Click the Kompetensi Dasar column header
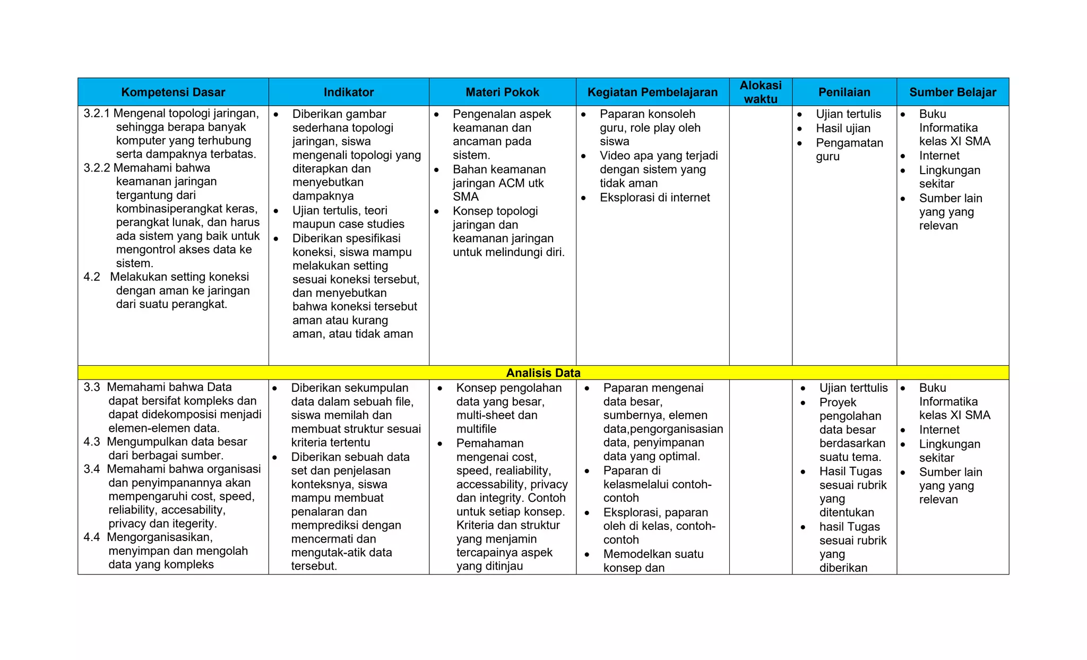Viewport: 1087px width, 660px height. coord(173,92)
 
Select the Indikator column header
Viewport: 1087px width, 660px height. coord(349,92)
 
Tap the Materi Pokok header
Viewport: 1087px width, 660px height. coord(502,92)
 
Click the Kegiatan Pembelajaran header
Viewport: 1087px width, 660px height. coord(652,92)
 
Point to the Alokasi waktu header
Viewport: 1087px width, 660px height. coord(761,92)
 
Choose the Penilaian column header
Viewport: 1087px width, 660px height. coord(844,92)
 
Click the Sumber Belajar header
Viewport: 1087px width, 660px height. coord(953,92)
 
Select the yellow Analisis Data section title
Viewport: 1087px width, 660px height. coord(543,373)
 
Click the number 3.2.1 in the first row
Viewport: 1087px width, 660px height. coord(97,114)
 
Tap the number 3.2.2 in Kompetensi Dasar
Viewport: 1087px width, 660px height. coord(97,168)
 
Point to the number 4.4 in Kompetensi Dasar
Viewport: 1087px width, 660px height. coord(91,537)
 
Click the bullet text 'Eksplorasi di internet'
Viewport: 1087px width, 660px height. coord(654,198)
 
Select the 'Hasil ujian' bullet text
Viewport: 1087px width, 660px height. coord(843,128)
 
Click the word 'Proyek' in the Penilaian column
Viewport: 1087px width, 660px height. coord(838,402)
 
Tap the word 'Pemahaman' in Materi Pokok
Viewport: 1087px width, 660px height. coord(489,443)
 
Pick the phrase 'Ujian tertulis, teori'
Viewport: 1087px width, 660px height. coord(340,211)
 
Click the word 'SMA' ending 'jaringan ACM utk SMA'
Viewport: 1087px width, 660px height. coord(465,197)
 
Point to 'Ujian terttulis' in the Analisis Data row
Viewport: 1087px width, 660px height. coord(853,388)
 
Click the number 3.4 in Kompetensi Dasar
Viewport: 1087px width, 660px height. coord(91,469)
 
